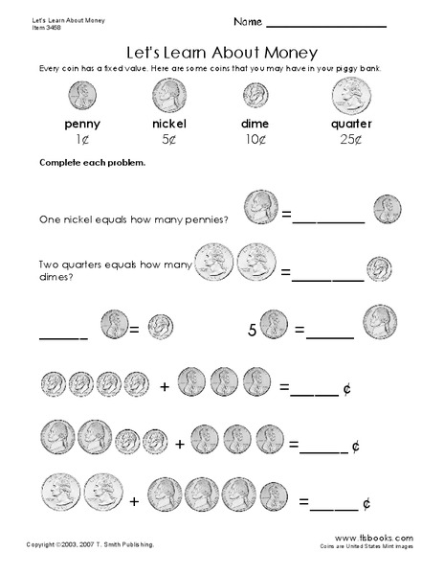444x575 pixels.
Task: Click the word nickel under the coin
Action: pyautogui.click(x=169, y=125)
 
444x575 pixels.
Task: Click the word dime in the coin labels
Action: pyautogui.click(x=254, y=125)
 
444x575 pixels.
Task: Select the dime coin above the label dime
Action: pyautogui.click(x=254, y=94)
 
